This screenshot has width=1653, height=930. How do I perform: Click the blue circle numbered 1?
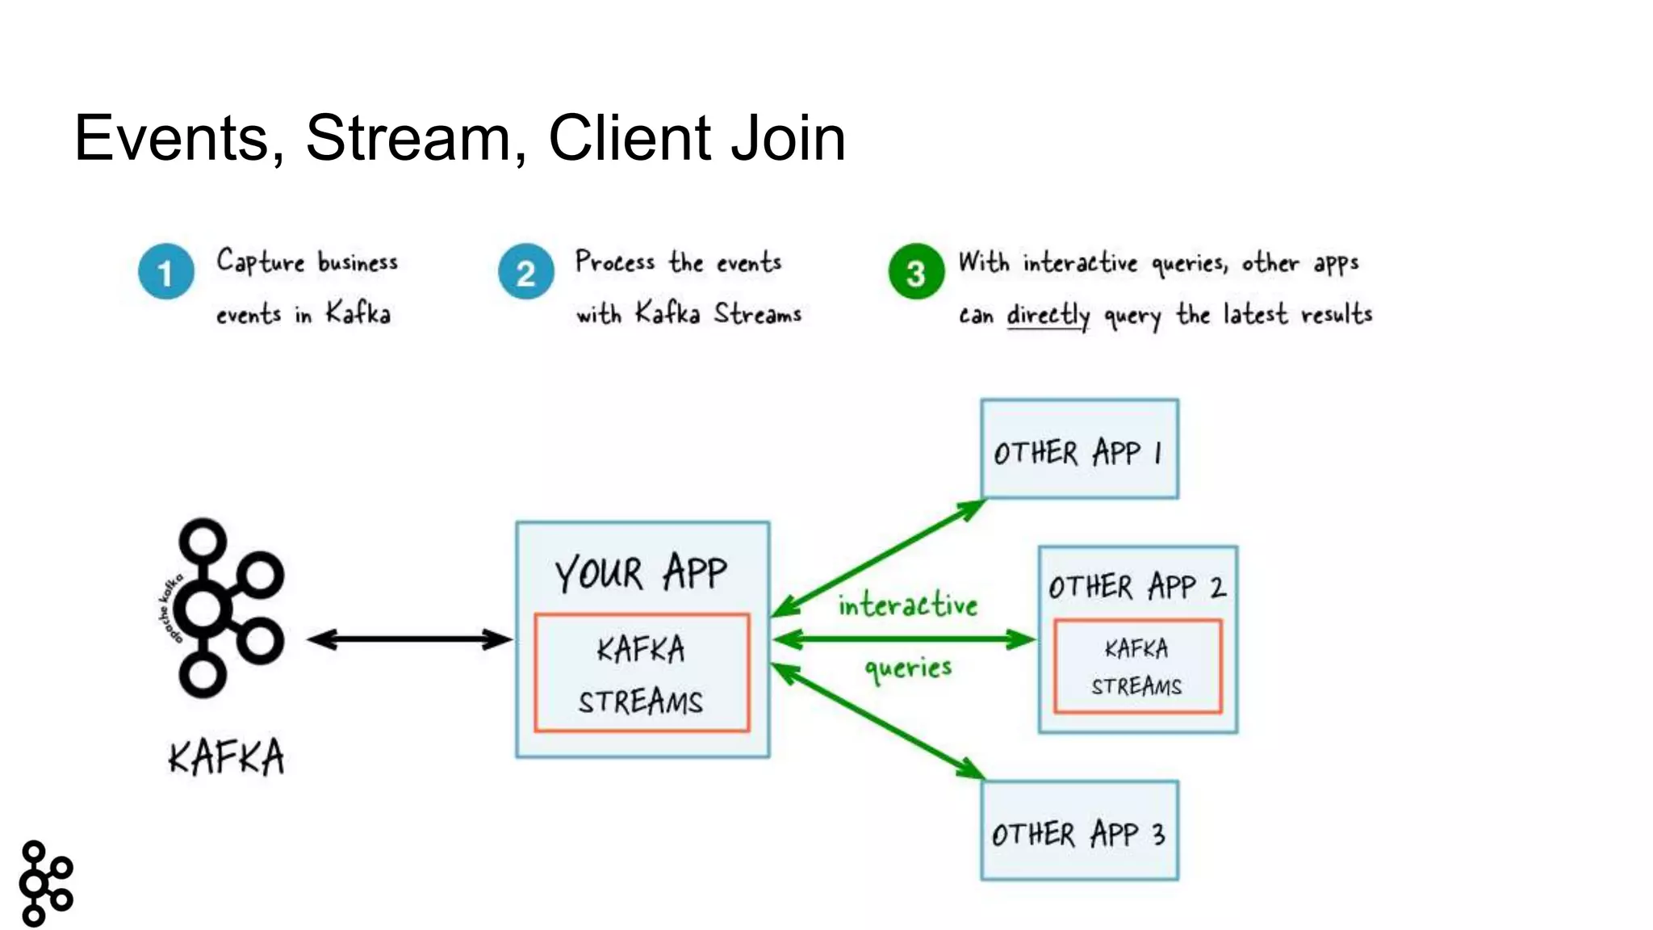click(165, 272)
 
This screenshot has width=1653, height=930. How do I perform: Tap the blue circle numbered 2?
click(525, 272)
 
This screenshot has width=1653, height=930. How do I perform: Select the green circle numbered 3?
click(915, 272)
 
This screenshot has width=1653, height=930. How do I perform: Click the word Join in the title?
click(788, 138)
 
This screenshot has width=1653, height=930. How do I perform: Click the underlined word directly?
click(1048, 315)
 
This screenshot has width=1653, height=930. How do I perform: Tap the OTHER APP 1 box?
click(1079, 450)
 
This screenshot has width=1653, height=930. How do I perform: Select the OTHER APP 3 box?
click(1079, 832)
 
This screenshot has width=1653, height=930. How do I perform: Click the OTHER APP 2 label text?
click(1136, 587)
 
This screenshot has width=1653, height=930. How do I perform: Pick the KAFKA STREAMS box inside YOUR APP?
click(642, 673)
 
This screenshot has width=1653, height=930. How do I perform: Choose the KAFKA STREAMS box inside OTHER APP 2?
click(1136, 667)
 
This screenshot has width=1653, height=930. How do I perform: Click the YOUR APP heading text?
click(641, 572)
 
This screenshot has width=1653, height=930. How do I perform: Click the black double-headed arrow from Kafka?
click(409, 639)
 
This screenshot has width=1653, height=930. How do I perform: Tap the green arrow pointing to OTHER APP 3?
click(880, 721)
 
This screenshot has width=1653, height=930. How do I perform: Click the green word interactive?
click(907, 605)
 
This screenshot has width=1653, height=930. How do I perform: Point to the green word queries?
click(908, 668)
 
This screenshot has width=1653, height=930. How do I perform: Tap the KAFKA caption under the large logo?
click(226, 757)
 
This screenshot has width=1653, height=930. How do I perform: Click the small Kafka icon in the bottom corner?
click(45, 882)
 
